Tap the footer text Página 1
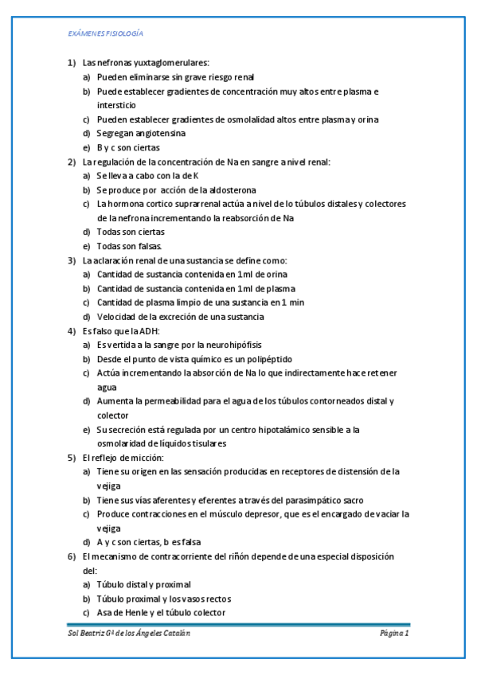[x=393, y=633]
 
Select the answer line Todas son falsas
[x=135, y=246]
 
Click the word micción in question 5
[x=146, y=458]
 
